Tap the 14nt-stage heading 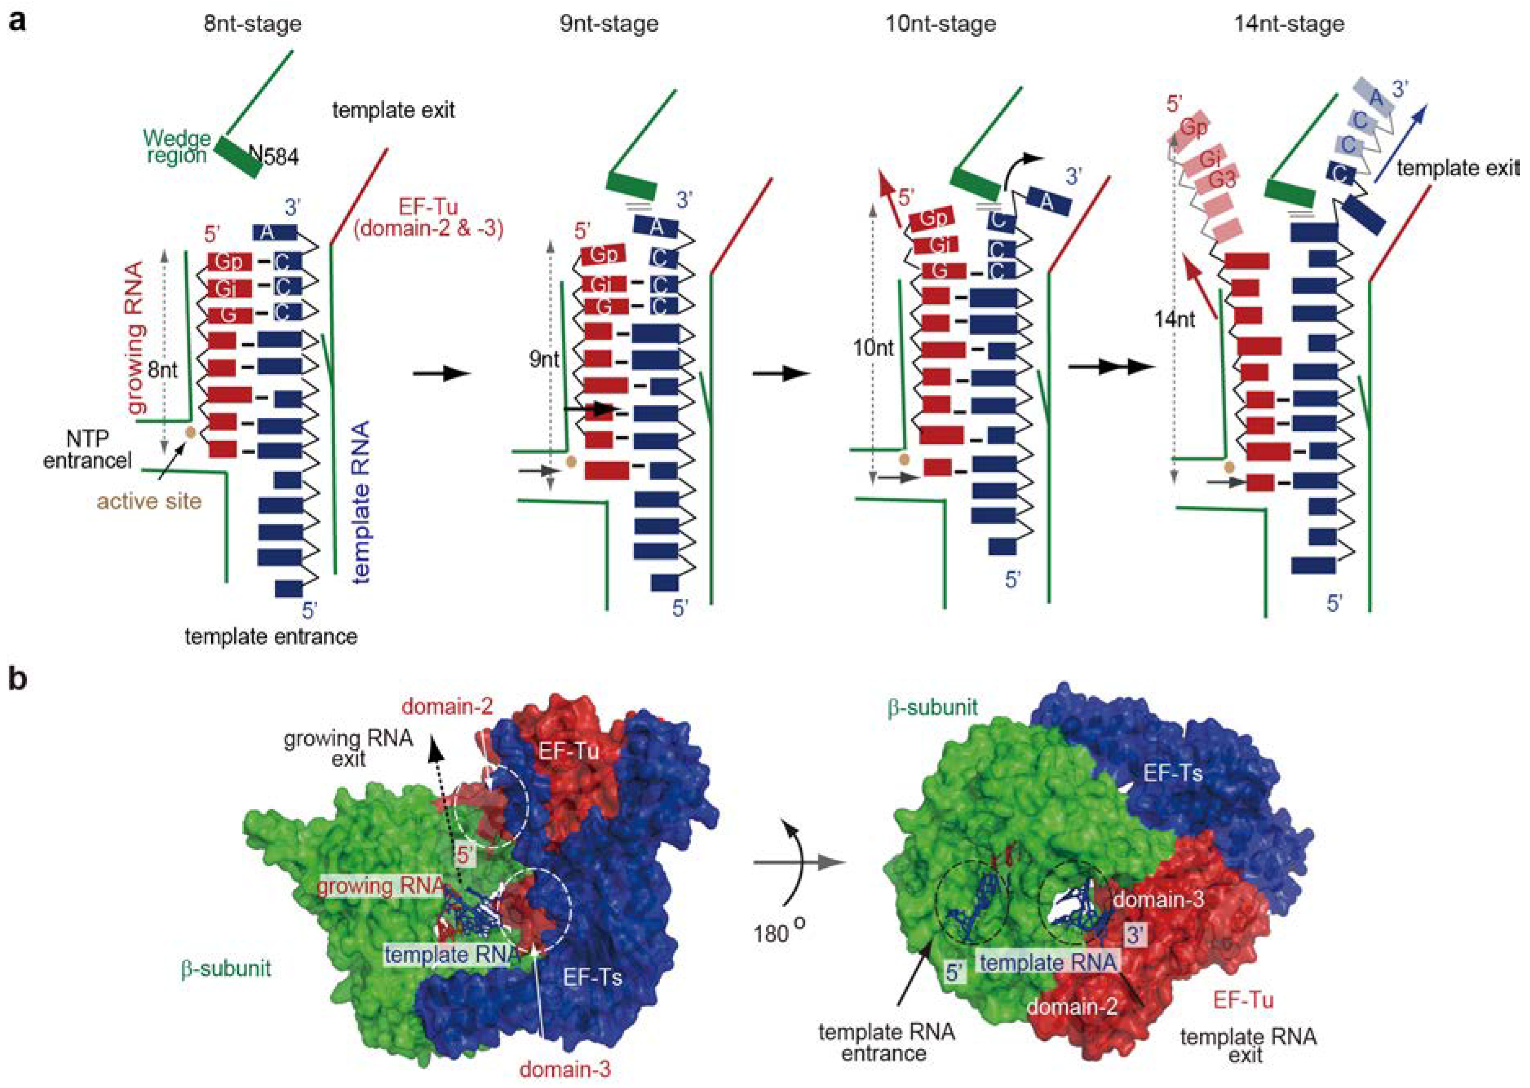(x=1288, y=24)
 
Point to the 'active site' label (x=149, y=501)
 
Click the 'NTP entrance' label (x=87, y=450)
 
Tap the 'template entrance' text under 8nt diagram (x=271, y=636)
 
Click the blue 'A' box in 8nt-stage (x=274, y=232)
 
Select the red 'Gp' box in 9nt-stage (x=603, y=255)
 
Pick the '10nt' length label (x=873, y=349)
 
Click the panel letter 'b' (x=18, y=679)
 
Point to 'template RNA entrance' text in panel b (x=886, y=1042)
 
